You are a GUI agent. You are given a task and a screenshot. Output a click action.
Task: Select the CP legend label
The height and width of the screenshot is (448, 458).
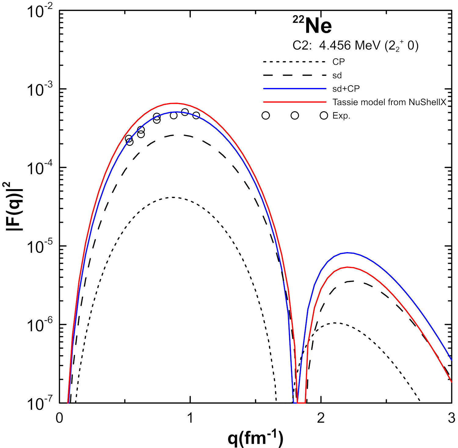pos(338,62)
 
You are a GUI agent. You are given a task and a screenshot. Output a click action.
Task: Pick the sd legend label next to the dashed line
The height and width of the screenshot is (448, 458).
pos(337,75)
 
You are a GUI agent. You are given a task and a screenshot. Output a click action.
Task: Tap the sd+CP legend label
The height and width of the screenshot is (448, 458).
pos(346,89)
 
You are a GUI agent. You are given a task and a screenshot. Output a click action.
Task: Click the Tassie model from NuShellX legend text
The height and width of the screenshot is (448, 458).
pos(389,102)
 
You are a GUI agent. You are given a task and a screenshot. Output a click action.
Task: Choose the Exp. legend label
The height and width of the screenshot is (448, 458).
pos(341,116)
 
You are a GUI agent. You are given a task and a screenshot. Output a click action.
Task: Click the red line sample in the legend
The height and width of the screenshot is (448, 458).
pos(295,102)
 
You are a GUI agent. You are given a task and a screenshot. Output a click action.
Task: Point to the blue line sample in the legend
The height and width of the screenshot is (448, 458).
pos(295,89)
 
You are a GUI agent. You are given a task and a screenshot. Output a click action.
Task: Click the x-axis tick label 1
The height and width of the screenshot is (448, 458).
pos(190,418)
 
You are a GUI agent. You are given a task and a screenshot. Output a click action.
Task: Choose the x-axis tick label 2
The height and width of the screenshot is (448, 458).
pos(321,418)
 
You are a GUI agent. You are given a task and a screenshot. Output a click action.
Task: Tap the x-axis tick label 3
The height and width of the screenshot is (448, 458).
pos(451,418)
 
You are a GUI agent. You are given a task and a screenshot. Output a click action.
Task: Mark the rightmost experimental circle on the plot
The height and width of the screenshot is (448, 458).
pos(196,115)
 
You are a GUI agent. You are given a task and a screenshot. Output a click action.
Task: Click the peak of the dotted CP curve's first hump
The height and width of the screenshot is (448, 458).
pos(173,197)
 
